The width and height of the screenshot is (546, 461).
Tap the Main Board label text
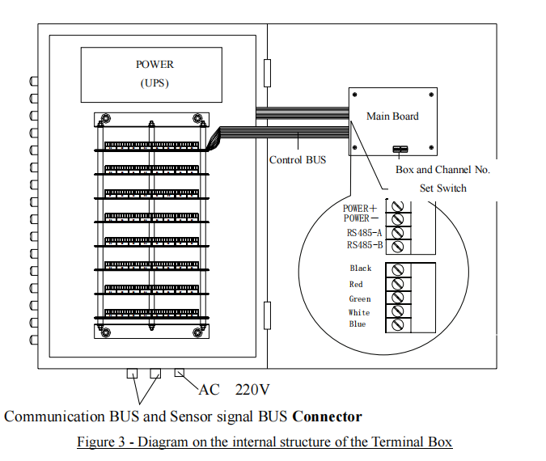click(x=392, y=116)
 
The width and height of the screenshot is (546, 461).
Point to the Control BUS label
click(x=298, y=160)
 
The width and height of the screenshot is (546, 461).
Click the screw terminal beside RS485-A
click(x=398, y=233)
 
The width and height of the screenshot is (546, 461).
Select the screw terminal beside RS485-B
click(x=398, y=247)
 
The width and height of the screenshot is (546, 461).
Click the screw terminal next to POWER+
click(x=398, y=206)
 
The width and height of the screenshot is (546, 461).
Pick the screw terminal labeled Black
click(x=398, y=269)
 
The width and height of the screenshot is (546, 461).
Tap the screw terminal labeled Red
click(x=398, y=284)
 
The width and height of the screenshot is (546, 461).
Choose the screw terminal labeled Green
click(x=398, y=298)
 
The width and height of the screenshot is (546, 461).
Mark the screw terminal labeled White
click(x=398, y=311)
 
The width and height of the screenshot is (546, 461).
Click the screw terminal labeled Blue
click(x=398, y=324)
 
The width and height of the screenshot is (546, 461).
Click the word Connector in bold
click(x=328, y=417)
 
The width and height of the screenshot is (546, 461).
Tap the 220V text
click(x=252, y=390)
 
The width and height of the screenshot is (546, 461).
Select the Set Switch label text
click(x=443, y=188)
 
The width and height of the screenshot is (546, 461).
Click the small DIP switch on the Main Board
click(x=400, y=150)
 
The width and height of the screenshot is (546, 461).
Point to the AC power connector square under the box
click(x=180, y=373)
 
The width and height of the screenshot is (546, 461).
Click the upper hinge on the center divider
click(x=267, y=73)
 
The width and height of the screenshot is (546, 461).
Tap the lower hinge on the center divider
click(x=267, y=315)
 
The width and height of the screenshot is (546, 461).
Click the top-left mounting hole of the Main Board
click(x=355, y=95)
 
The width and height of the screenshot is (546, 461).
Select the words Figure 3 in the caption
click(x=101, y=442)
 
